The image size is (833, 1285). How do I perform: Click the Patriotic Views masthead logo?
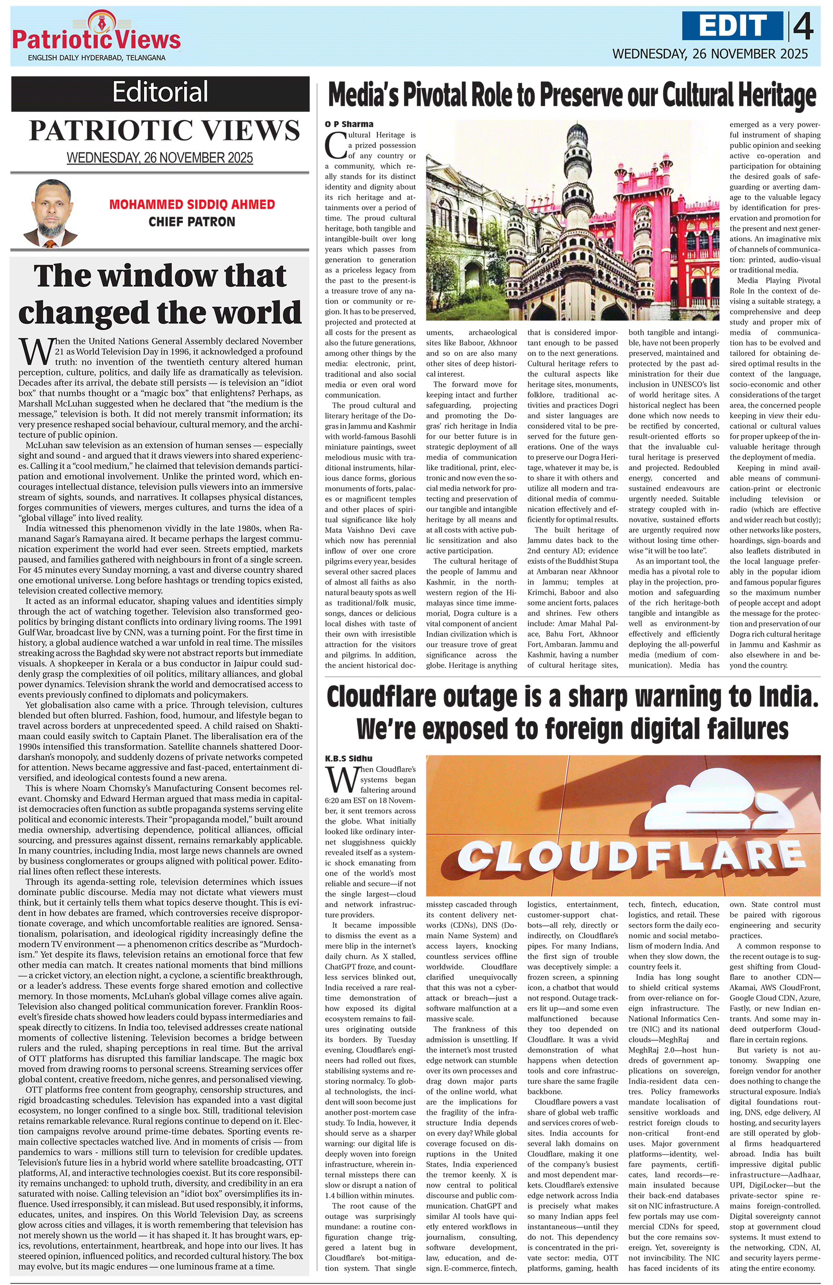click(96, 35)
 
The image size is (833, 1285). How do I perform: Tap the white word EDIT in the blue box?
click(731, 26)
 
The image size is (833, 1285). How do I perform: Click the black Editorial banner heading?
click(160, 92)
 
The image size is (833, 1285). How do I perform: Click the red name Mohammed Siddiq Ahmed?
click(192, 205)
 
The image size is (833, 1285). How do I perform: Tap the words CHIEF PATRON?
click(192, 222)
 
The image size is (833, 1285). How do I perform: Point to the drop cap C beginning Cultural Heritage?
click(335, 144)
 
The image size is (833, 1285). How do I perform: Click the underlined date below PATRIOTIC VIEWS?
click(160, 158)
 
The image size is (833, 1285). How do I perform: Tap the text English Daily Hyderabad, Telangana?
click(97, 58)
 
